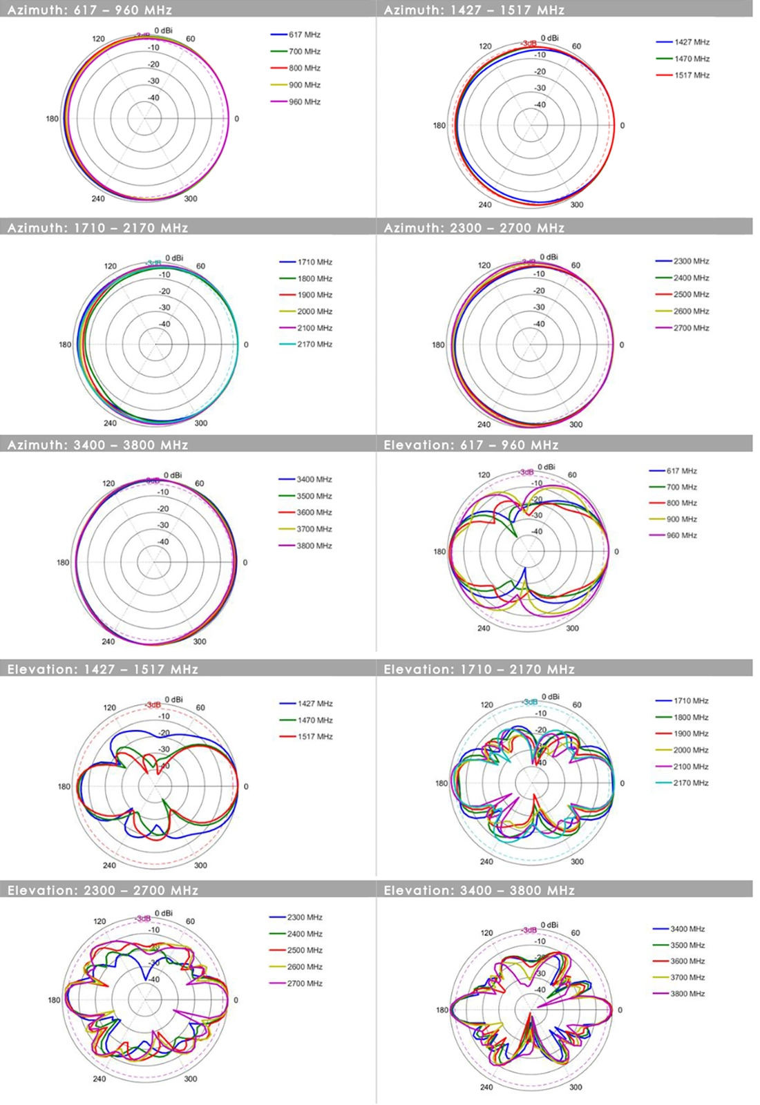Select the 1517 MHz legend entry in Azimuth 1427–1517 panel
pyautogui.click(x=692, y=75)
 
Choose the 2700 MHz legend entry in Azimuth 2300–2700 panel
pyautogui.click(x=691, y=328)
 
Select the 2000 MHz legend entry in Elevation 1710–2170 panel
pyautogui.click(x=691, y=750)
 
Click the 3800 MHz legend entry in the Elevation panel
pyautogui.click(x=687, y=994)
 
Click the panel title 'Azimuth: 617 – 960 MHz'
pyautogui.click(x=90, y=10)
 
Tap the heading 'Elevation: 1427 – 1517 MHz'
pyautogui.click(x=103, y=669)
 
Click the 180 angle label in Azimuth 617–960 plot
pyautogui.click(x=52, y=119)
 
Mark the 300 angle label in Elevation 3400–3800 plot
pyautogui.click(x=575, y=1087)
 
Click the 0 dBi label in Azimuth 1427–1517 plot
pyautogui.click(x=550, y=38)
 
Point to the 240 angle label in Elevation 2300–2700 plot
pyautogui.click(x=99, y=1079)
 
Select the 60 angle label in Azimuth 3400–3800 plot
pyautogui.click(x=199, y=483)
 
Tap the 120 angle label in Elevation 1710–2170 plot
pyautogui.click(x=486, y=705)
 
